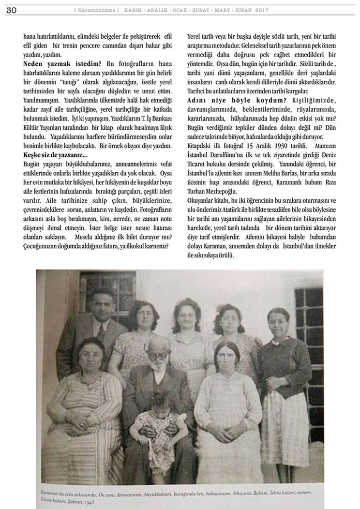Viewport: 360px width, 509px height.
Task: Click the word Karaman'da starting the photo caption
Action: (47, 492)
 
